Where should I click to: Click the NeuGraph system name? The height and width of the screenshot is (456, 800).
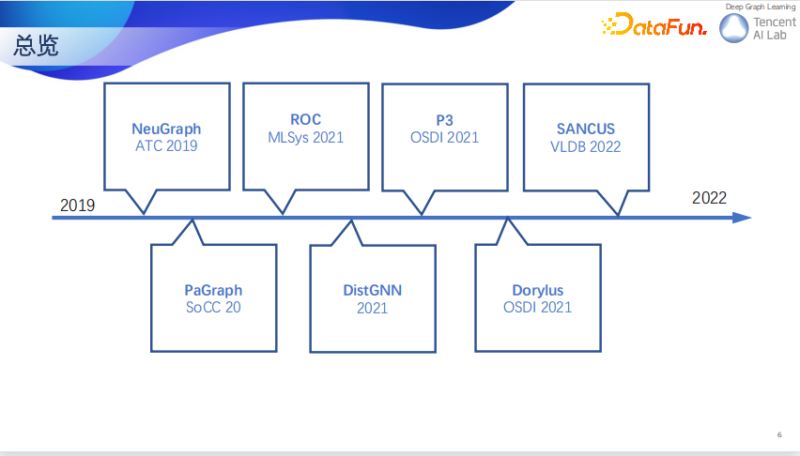point(166,129)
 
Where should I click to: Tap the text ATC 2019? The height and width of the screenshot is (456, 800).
point(166,145)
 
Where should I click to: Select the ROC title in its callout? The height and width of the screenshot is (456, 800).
point(305,119)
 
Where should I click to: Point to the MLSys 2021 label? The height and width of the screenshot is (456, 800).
point(305,137)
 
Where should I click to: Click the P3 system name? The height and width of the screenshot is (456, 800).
point(444,120)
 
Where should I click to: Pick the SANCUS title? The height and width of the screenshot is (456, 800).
point(586,129)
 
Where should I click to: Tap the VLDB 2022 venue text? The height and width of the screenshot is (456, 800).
point(586,147)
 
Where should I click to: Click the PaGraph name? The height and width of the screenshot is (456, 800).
point(213,290)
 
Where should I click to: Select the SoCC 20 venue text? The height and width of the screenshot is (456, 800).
point(213,307)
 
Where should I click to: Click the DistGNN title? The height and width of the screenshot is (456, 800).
point(373,290)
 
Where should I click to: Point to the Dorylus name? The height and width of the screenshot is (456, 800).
point(538,290)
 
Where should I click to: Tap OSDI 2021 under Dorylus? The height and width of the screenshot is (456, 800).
point(538,307)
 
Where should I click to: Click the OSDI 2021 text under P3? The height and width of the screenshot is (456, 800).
point(444,137)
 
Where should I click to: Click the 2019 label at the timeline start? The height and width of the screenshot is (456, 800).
point(78,205)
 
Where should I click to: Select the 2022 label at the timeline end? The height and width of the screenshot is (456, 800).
point(709,198)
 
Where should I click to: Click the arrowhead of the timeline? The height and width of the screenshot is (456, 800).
point(743,218)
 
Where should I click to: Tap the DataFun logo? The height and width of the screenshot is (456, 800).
point(654,24)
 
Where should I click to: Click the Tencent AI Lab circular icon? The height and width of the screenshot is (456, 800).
point(733,27)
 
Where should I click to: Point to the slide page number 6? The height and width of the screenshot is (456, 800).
point(779,434)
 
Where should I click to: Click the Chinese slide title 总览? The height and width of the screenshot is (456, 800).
point(36,45)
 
